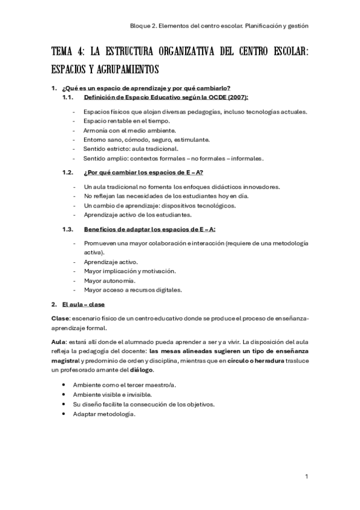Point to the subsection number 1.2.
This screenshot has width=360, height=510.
(x=68, y=172)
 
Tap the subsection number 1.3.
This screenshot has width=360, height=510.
(x=68, y=229)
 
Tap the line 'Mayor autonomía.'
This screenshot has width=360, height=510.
(x=110, y=280)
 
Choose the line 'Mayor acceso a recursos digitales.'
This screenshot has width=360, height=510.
(x=133, y=289)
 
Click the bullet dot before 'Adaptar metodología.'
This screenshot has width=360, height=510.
(x=63, y=414)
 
